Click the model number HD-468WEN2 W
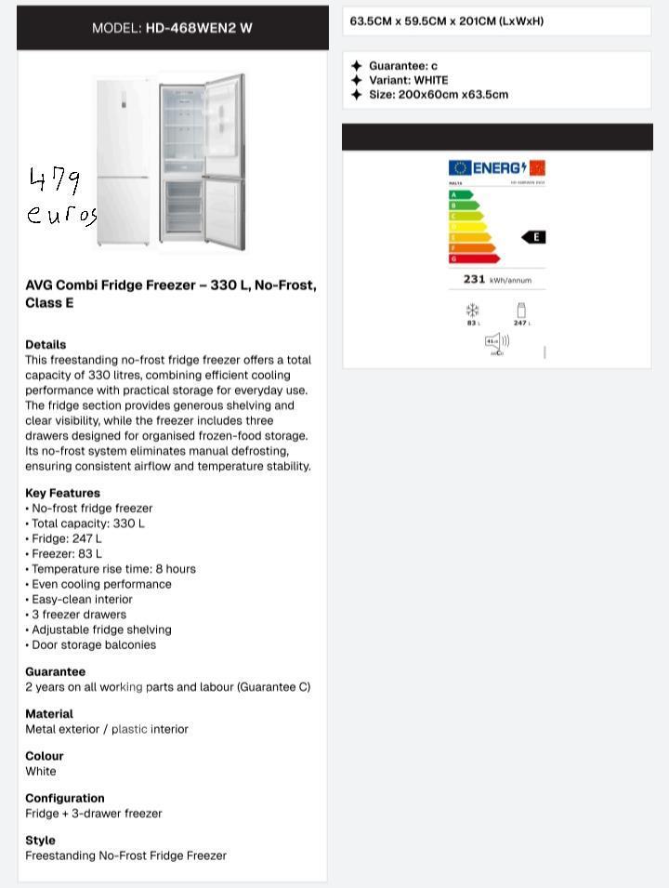(x=199, y=28)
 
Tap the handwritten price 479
(x=55, y=179)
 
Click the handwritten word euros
(x=61, y=215)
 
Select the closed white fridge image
(x=123, y=161)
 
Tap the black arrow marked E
(x=533, y=237)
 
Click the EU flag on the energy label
(x=460, y=167)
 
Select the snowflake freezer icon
(x=472, y=311)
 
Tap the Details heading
(x=46, y=344)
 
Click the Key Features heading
(x=62, y=493)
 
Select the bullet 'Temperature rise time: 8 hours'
(x=113, y=569)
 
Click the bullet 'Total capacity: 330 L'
(x=88, y=524)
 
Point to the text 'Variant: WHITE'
(x=408, y=80)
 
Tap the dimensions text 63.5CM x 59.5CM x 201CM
(x=446, y=20)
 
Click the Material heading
(x=49, y=714)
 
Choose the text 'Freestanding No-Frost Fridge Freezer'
(x=125, y=855)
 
